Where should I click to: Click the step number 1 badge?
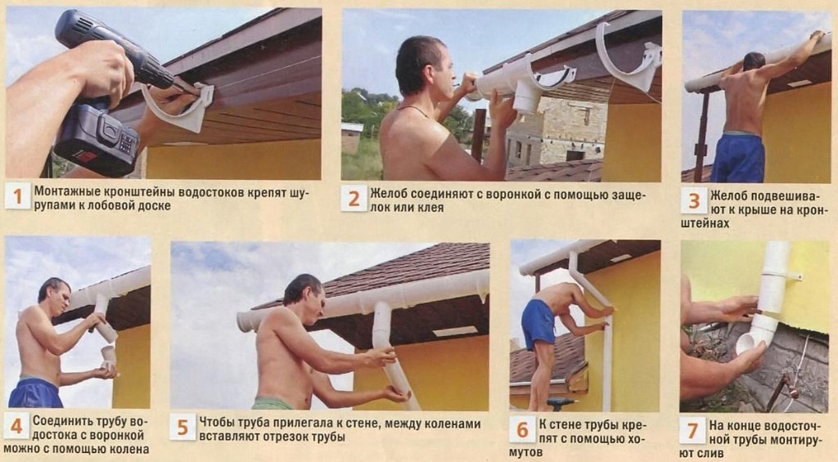(18, 196)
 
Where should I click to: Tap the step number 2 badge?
(354, 198)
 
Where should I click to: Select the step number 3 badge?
(694, 201)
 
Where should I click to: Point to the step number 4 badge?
(16, 426)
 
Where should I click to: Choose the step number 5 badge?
(182, 428)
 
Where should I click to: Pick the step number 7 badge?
(692, 430)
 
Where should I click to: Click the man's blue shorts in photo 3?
(737, 158)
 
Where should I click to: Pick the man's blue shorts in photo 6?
(538, 324)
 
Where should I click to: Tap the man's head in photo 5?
(304, 296)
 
